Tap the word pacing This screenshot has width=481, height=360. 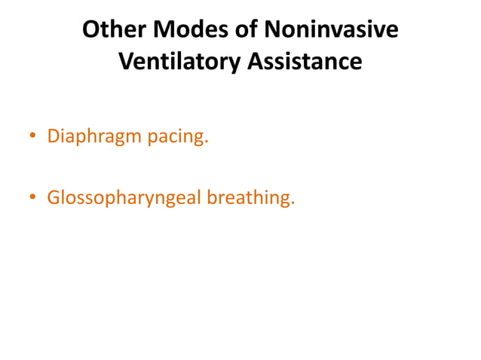(176, 138)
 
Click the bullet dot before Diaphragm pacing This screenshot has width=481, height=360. (32, 138)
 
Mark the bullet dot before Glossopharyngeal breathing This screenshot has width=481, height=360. (32, 198)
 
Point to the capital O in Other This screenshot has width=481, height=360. (90, 30)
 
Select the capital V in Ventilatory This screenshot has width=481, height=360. (127, 62)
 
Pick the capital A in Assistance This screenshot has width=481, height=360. (256, 62)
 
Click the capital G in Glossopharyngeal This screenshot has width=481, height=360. (54, 198)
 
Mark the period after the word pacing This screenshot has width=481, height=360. (205, 143)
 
